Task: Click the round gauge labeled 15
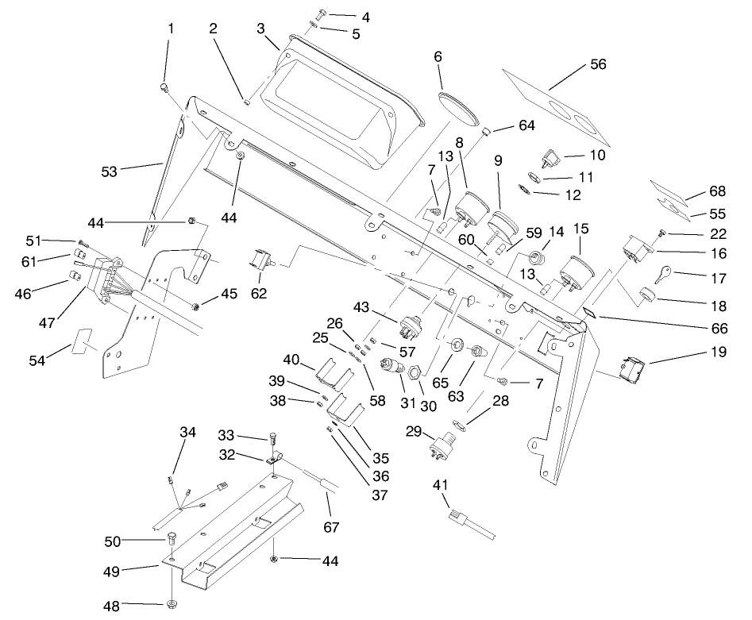point(577,272)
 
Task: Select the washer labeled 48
point(172,606)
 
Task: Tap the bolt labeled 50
point(172,541)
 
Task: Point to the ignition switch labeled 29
point(443,441)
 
